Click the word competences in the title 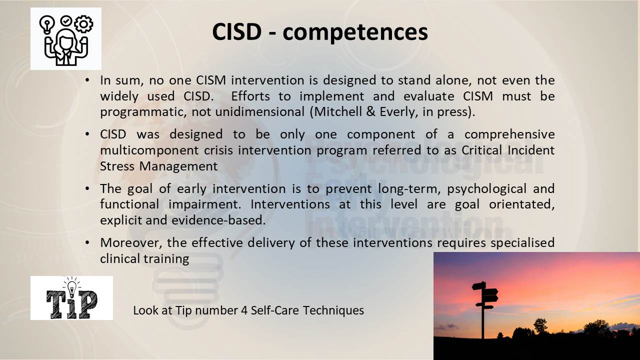tap(355, 32)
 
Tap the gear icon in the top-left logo tap(83, 24)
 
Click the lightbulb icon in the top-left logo tap(47, 24)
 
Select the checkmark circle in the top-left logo tap(66, 21)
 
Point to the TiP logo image tap(71, 298)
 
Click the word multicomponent tap(149, 150)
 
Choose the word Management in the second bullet tap(178, 166)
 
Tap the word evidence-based tap(218, 220)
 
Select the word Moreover tap(131, 243)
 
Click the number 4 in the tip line tap(244, 310)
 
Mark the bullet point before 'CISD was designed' tap(87, 134)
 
